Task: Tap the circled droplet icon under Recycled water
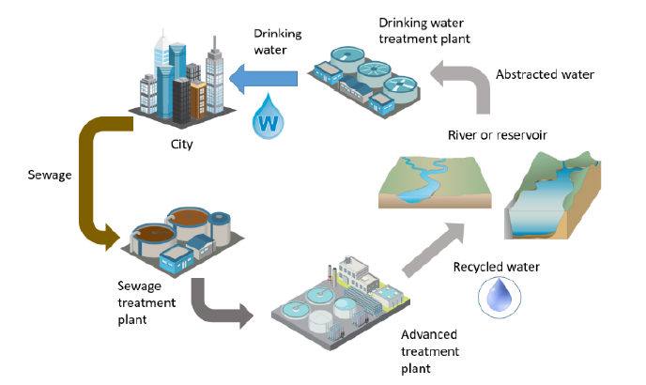[496, 295]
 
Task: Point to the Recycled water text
[495, 266]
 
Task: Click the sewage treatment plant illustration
[178, 235]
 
